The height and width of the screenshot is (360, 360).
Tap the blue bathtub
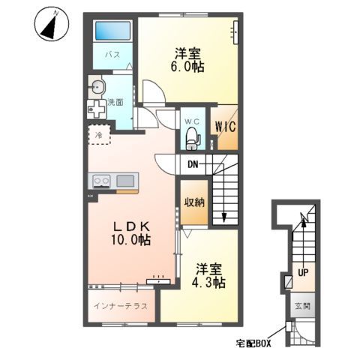point(112,31)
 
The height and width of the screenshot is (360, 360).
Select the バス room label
point(112,54)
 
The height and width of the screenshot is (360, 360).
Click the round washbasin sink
point(97,87)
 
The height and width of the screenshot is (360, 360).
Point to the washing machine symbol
point(97,109)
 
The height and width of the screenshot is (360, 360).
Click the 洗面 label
point(115,102)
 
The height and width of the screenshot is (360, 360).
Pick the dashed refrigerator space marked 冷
point(99,135)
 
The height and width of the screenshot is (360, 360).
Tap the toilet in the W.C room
point(193,138)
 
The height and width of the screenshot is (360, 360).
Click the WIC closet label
point(226,127)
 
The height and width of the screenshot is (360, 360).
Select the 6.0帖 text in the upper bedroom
point(187,67)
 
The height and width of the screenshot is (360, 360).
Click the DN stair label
point(193,164)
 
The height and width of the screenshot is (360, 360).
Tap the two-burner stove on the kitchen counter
point(101,181)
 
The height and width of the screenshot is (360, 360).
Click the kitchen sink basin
point(125,181)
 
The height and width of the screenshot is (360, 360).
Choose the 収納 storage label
point(194,202)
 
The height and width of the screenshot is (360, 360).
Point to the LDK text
point(131,226)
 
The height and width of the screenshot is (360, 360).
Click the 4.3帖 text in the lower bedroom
point(208,283)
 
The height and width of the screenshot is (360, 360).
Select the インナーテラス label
point(121,306)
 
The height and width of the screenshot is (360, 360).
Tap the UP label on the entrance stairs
point(303,273)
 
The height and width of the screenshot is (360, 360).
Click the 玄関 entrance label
point(303,306)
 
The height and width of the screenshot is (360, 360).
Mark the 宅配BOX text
point(253,343)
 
